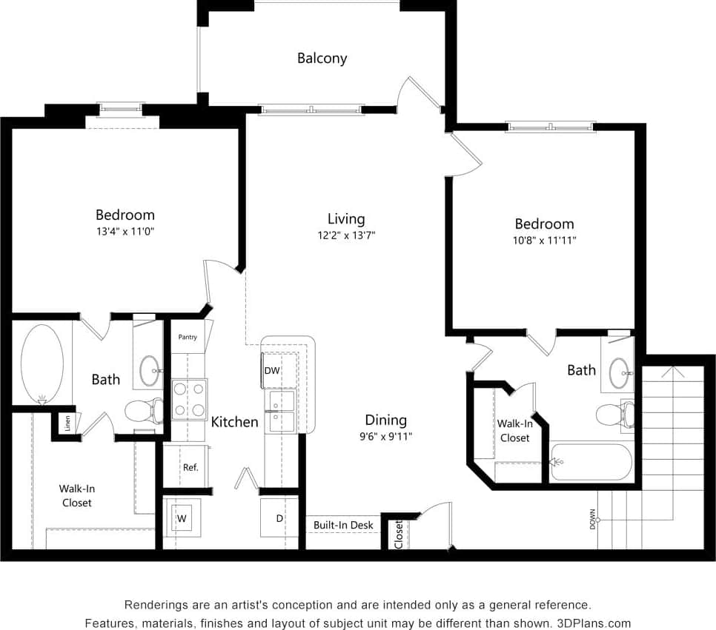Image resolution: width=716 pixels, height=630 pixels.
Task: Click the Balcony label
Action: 322,58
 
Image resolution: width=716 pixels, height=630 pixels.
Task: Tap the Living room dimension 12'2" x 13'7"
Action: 346,235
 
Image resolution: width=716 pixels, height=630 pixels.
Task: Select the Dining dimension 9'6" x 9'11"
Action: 385,436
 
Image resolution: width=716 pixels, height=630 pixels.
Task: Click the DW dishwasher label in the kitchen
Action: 272,371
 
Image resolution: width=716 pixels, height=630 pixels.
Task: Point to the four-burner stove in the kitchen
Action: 189,399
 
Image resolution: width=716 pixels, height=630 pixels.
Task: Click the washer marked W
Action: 182,518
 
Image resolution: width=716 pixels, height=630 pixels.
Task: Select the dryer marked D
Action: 279,518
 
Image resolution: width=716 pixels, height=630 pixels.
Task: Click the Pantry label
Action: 188,338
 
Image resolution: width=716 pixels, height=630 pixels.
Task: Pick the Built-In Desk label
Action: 343,526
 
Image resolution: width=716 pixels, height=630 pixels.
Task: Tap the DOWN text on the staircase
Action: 592,519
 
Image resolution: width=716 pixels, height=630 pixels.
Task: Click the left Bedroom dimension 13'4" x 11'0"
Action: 125,231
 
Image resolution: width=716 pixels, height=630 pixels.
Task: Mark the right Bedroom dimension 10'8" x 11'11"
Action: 545,240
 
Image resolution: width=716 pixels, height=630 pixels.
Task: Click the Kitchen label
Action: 235,422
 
